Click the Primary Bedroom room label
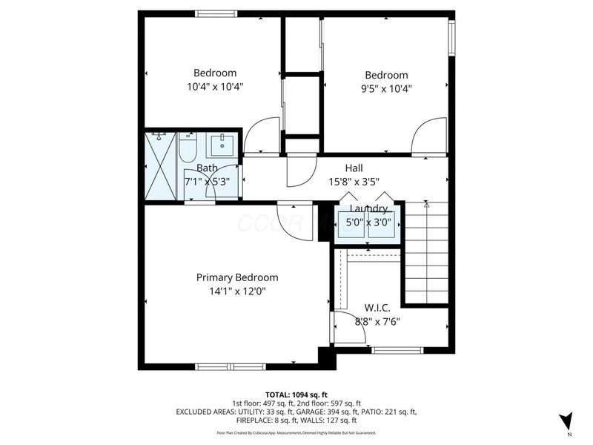tap(237, 277)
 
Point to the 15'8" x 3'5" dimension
tap(354, 181)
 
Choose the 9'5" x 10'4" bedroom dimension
tap(386, 88)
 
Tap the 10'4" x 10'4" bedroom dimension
tap(215, 86)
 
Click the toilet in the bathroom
tap(187, 148)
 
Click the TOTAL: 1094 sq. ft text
tap(296, 394)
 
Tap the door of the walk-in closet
tap(348, 328)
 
